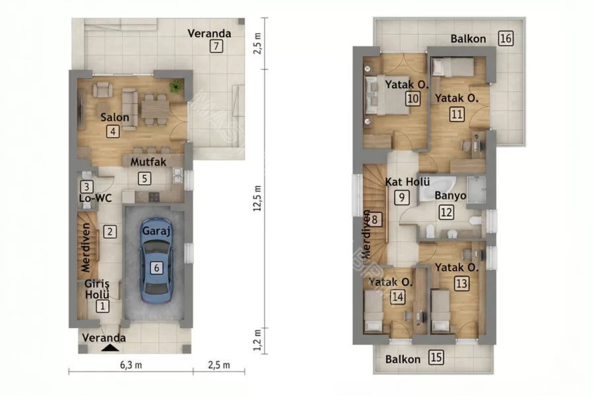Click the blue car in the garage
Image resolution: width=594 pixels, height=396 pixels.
(x=156, y=261)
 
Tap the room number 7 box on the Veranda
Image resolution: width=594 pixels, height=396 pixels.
(x=216, y=46)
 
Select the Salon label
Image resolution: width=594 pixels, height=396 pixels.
(x=115, y=117)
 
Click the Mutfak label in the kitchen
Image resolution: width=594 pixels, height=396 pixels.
(x=148, y=162)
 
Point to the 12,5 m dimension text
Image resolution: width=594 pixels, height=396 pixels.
(x=257, y=199)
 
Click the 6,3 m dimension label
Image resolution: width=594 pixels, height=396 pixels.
(x=131, y=365)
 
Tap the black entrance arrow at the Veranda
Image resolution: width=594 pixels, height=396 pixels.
(x=111, y=348)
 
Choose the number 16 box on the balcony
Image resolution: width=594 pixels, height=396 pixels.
(x=506, y=38)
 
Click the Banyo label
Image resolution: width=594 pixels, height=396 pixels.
(x=450, y=195)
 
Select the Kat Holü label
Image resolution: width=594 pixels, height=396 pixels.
(x=408, y=182)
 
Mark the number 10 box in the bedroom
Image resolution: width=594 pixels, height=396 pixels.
(x=412, y=98)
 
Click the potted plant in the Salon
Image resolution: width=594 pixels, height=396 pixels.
(x=176, y=86)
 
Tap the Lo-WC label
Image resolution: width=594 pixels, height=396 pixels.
(x=96, y=198)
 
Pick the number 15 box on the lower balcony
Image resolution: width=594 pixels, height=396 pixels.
(x=436, y=357)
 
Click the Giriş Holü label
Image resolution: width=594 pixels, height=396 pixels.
(x=97, y=289)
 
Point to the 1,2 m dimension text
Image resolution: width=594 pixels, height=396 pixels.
(x=257, y=340)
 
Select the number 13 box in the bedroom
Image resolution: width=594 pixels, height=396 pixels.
(x=461, y=283)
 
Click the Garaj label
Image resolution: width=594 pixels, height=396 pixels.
(x=156, y=231)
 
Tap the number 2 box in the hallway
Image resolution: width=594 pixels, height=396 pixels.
(x=110, y=232)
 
